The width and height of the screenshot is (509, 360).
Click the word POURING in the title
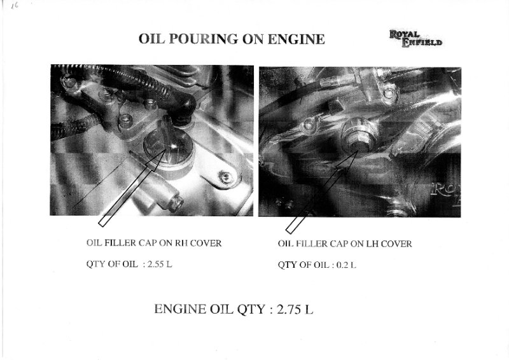(x=203, y=39)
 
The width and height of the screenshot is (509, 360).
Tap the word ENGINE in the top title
(x=296, y=39)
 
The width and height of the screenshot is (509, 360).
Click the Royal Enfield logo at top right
(x=415, y=39)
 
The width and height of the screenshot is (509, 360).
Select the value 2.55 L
(x=160, y=264)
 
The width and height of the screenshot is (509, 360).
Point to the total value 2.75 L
(x=295, y=309)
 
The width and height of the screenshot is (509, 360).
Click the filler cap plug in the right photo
(x=358, y=135)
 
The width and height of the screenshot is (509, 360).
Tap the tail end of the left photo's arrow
(x=102, y=223)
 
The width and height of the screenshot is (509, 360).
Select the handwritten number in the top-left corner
(x=14, y=6)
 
